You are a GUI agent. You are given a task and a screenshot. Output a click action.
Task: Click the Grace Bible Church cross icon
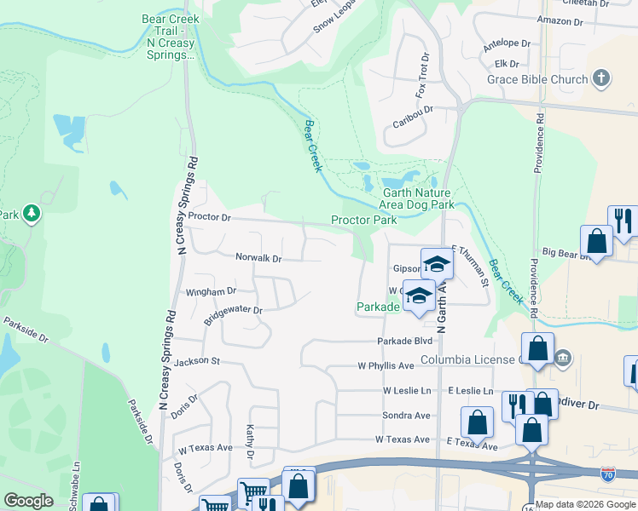601,79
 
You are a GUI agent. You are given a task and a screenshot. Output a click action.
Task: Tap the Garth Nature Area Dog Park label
418,198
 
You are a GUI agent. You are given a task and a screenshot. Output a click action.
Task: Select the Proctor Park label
364,220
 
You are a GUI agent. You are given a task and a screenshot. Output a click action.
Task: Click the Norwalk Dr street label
258,258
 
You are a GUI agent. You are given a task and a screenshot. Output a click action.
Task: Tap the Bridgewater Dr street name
233,315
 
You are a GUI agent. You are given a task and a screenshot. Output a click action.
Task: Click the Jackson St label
197,362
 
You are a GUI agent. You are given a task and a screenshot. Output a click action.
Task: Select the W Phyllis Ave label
386,365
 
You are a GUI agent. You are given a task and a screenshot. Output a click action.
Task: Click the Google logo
28,501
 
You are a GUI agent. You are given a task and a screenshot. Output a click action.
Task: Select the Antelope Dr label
506,43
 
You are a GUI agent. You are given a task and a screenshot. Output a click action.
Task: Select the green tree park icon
32,212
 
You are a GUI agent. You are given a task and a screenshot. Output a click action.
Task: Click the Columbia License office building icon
562,358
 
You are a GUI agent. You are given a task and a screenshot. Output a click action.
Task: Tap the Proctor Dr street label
210,217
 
